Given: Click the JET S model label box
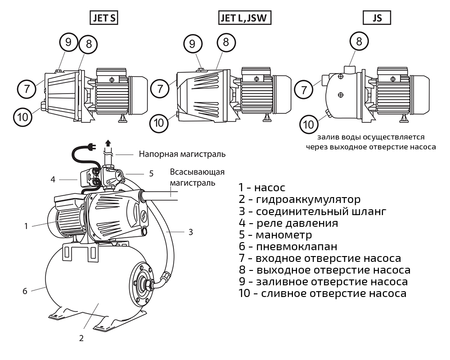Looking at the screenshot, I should pyautogui.click(x=104, y=18).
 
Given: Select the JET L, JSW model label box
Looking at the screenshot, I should pyautogui.click(x=246, y=18).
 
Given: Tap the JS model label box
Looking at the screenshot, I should pyautogui.click(x=377, y=18).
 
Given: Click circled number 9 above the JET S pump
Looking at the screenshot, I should pyautogui.click(x=68, y=42).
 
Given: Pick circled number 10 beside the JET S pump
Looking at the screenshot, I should pyautogui.click(x=23, y=117).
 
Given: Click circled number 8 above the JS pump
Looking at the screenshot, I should pyautogui.click(x=359, y=42).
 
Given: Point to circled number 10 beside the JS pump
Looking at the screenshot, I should pyautogui.click(x=309, y=123).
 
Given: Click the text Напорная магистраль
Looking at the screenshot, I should pyautogui.click(x=182, y=154).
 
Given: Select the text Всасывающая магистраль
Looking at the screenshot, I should pyautogui.click(x=197, y=177).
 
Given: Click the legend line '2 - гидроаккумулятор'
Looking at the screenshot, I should pyautogui.click(x=299, y=199).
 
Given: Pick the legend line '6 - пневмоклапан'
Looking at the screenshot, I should pyautogui.click(x=288, y=247).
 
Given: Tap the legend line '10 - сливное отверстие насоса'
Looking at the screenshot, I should pyautogui.click(x=322, y=294).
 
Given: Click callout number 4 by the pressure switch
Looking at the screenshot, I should pyautogui.click(x=53, y=180).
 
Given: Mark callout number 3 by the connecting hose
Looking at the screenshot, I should pyautogui.click(x=190, y=232).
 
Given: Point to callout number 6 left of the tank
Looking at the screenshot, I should pyautogui.click(x=25, y=291).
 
